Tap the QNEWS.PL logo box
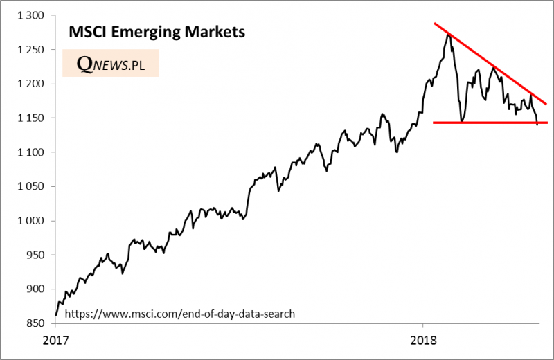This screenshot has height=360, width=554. [110, 63]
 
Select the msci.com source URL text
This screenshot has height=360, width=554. [179, 314]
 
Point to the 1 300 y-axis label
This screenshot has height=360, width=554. [29, 15]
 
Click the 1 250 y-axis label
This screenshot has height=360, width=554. [29, 50]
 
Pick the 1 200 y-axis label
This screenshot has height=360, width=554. [29, 84]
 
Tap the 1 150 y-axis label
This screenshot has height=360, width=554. [29, 118]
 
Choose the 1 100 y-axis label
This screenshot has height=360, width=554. [29, 152]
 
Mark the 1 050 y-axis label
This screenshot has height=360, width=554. [29, 187]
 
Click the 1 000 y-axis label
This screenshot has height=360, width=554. [29, 221]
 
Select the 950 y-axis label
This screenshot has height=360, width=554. [34, 255]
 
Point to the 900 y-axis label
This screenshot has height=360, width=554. [34, 289]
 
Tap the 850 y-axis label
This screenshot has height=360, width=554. [34, 324]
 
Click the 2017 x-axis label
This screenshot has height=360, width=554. [55, 341]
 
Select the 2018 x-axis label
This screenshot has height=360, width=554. [422, 341]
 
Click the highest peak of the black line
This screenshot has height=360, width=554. [449, 34]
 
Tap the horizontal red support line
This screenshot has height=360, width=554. [485, 123]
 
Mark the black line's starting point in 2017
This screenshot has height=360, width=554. [56, 315]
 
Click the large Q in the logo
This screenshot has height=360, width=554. [84, 63]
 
